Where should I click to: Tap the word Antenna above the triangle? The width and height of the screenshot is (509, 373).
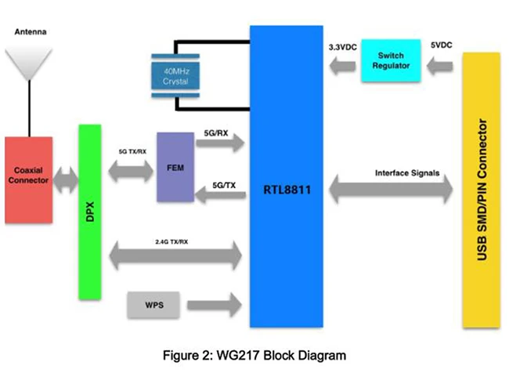(30, 33)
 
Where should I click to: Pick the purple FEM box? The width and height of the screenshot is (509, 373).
(174, 167)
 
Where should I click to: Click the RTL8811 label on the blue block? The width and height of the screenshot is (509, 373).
(286, 190)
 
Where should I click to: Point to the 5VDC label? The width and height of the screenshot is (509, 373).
(441, 46)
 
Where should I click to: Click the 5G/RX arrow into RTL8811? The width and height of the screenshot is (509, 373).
(223, 143)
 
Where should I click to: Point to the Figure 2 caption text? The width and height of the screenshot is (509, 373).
(255, 355)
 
